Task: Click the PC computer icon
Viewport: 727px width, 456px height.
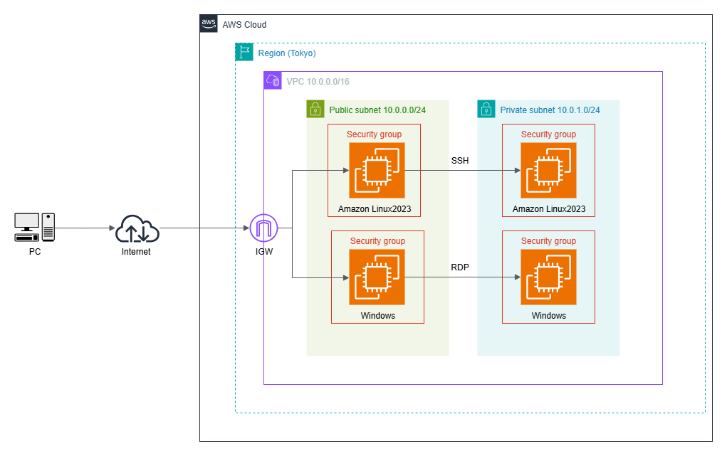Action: pyautogui.click(x=34, y=227)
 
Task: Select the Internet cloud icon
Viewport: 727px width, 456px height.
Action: pyautogui.click(x=137, y=228)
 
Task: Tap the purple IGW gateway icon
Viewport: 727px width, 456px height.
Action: pyautogui.click(x=263, y=228)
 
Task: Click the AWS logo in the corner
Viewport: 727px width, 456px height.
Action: pyautogui.click(x=209, y=23)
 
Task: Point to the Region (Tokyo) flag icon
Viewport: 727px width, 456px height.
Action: pyautogui.click(x=244, y=52)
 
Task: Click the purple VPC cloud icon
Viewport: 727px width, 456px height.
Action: pyautogui.click(x=273, y=80)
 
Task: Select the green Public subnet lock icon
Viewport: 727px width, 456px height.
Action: pyautogui.click(x=315, y=109)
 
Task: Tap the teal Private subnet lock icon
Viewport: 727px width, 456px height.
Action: pyautogui.click(x=486, y=109)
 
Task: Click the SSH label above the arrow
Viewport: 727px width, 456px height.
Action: pyautogui.click(x=460, y=161)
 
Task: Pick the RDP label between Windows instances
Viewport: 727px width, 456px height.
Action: pyautogui.click(x=460, y=267)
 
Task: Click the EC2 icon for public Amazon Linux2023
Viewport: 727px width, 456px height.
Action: pyautogui.click(x=377, y=170)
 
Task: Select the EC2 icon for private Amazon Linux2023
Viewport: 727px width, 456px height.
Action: pyautogui.click(x=548, y=170)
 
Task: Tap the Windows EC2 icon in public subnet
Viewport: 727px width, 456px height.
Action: pyautogui.click(x=377, y=277)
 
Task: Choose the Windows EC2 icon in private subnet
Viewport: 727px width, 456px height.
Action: pyautogui.click(x=548, y=277)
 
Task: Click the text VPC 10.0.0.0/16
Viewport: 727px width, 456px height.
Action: pyautogui.click(x=318, y=81)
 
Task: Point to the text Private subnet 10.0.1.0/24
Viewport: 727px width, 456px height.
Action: pyautogui.click(x=550, y=110)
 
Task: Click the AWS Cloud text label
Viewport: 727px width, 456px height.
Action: pyautogui.click(x=244, y=24)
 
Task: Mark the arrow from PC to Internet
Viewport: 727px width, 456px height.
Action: pyautogui.click(x=85, y=228)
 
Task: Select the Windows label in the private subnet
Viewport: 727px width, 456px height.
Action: pyautogui.click(x=548, y=315)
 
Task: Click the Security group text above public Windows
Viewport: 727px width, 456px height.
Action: pyautogui.click(x=377, y=241)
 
